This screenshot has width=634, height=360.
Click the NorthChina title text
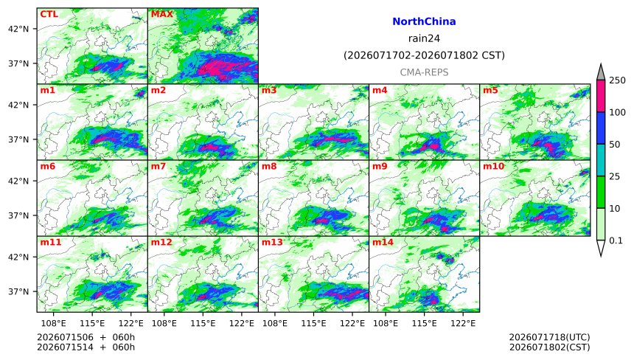pyautogui.click(x=424, y=21)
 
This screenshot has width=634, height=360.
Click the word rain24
pyautogui.click(x=424, y=38)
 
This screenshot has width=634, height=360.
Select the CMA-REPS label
pyautogui.click(x=424, y=72)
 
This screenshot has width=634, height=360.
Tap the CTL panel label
pyautogui.click(x=49, y=14)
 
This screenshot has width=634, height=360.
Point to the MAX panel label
pyautogui.click(x=161, y=14)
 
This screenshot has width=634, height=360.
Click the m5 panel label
pyautogui.click(x=490, y=90)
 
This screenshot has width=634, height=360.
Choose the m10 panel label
pyautogui.click(x=493, y=166)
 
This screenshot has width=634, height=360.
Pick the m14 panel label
pyautogui.click(x=383, y=242)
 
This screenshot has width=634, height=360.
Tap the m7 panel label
pyautogui.click(x=158, y=166)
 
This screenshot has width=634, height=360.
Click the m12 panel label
pyautogui.click(x=161, y=242)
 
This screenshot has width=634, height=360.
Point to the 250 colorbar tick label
pyautogui.click(x=618, y=80)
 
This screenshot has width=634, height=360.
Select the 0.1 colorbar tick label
pyautogui.click(x=616, y=240)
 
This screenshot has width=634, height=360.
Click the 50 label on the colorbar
pyautogui.click(x=615, y=145)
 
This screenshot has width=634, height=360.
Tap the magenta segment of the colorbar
pyautogui.click(x=601, y=96)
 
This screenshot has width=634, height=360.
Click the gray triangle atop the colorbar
pyautogui.click(x=601, y=72)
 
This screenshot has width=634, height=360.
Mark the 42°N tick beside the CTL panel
pyautogui.click(x=18, y=29)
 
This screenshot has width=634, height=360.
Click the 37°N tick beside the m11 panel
pyautogui.click(x=18, y=291)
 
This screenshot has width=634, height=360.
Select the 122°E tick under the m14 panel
pyautogui.click(x=463, y=323)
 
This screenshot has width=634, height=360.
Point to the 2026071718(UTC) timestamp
pyautogui.click(x=549, y=337)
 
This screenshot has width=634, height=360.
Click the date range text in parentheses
pyautogui.click(x=424, y=55)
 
